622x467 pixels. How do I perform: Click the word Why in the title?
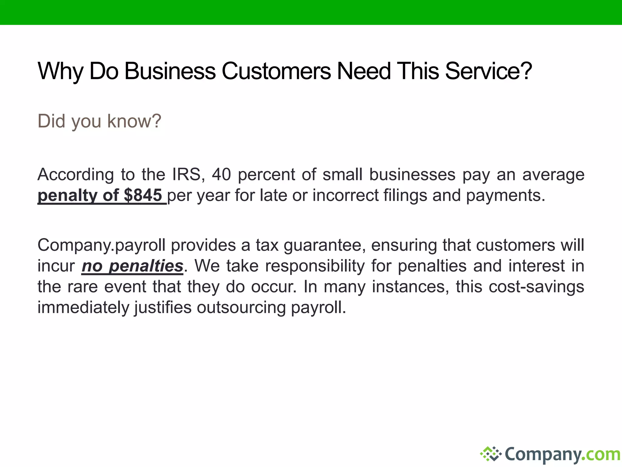pyautogui.click(x=60, y=71)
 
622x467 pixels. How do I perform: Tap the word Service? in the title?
pyautogui.click(x=488, y=71)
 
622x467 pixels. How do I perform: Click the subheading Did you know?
pyautogui.click(x=99, y=121)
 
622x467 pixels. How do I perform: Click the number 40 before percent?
pyautogui.click(x=221, y=175)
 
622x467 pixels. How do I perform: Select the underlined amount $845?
pyautogui.click(x=143, y=195)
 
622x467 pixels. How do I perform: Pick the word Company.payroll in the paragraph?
pyautogui.click(x=101, y=245)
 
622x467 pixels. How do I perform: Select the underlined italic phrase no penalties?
pyautogui.click(x=132, y=266)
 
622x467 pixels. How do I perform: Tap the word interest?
pyautogui.click(x=537, y=266)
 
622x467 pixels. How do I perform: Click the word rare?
pyautogui.click(x=83, y=287)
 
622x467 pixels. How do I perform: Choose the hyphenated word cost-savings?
pyautogui.click(x=536, y=287)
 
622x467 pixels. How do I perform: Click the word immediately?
pyautogui.click(x=84, y=307)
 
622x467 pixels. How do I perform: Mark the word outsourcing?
pyautogui.click(x=241, y=307)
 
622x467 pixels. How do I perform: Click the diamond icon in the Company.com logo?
pyautogui.click(x=490, y=454)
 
